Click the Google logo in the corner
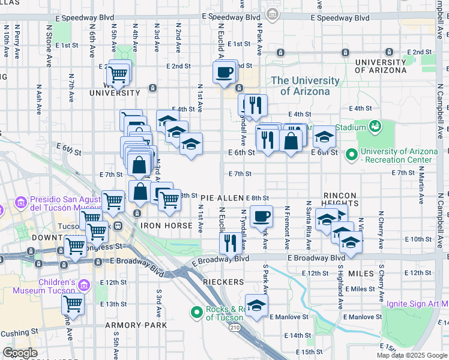point(20,353)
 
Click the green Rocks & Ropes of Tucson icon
point(195,312)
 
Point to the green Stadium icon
point(376,127)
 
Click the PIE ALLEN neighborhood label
point(222,198)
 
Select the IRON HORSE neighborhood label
point(166,226)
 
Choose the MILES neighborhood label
point(361,274)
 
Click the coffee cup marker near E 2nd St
point(224,73)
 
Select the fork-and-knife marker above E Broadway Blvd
point(230,243)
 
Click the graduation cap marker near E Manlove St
point(256,305)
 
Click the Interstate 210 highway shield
point(235,328)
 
